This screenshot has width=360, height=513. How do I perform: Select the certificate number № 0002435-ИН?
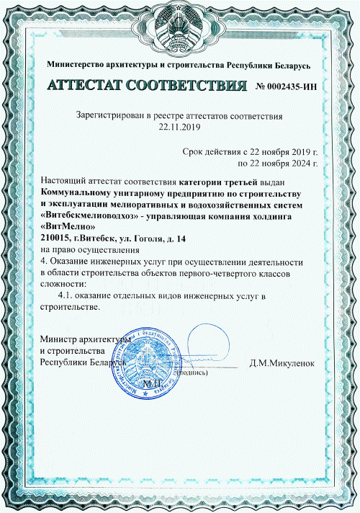tap(287, 86)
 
